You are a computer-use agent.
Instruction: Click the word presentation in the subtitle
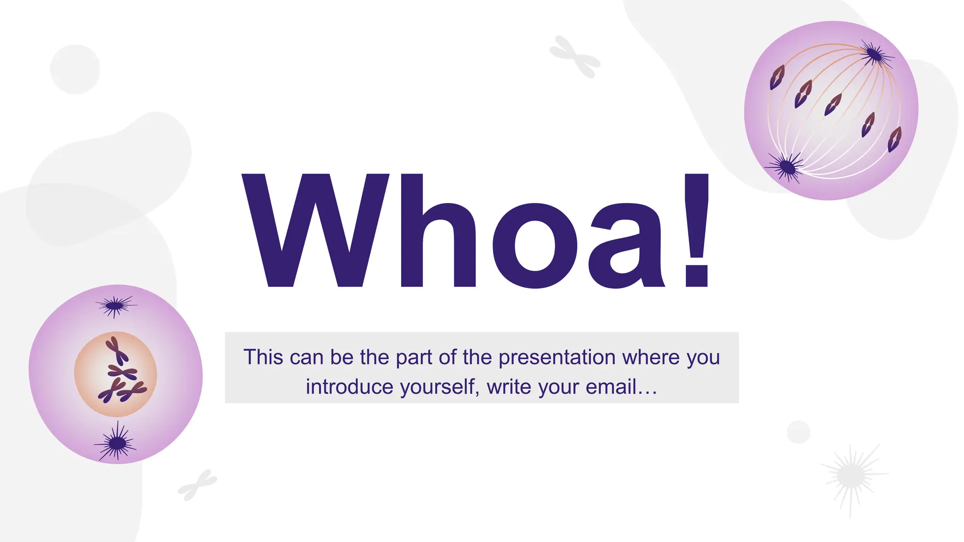click(557, 358)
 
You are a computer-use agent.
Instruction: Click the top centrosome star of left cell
click(114, 306)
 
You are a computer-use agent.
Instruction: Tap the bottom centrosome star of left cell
click(116, 443)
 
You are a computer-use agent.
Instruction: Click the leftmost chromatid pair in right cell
click(777, 77)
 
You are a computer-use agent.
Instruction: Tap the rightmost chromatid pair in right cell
click(894, 139)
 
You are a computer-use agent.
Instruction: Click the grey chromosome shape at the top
click(575, 57)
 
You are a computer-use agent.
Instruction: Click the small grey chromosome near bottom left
click(198, 485)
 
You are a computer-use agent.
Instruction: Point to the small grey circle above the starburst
click(798, 432)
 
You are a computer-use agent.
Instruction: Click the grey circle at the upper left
click(75, 69)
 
